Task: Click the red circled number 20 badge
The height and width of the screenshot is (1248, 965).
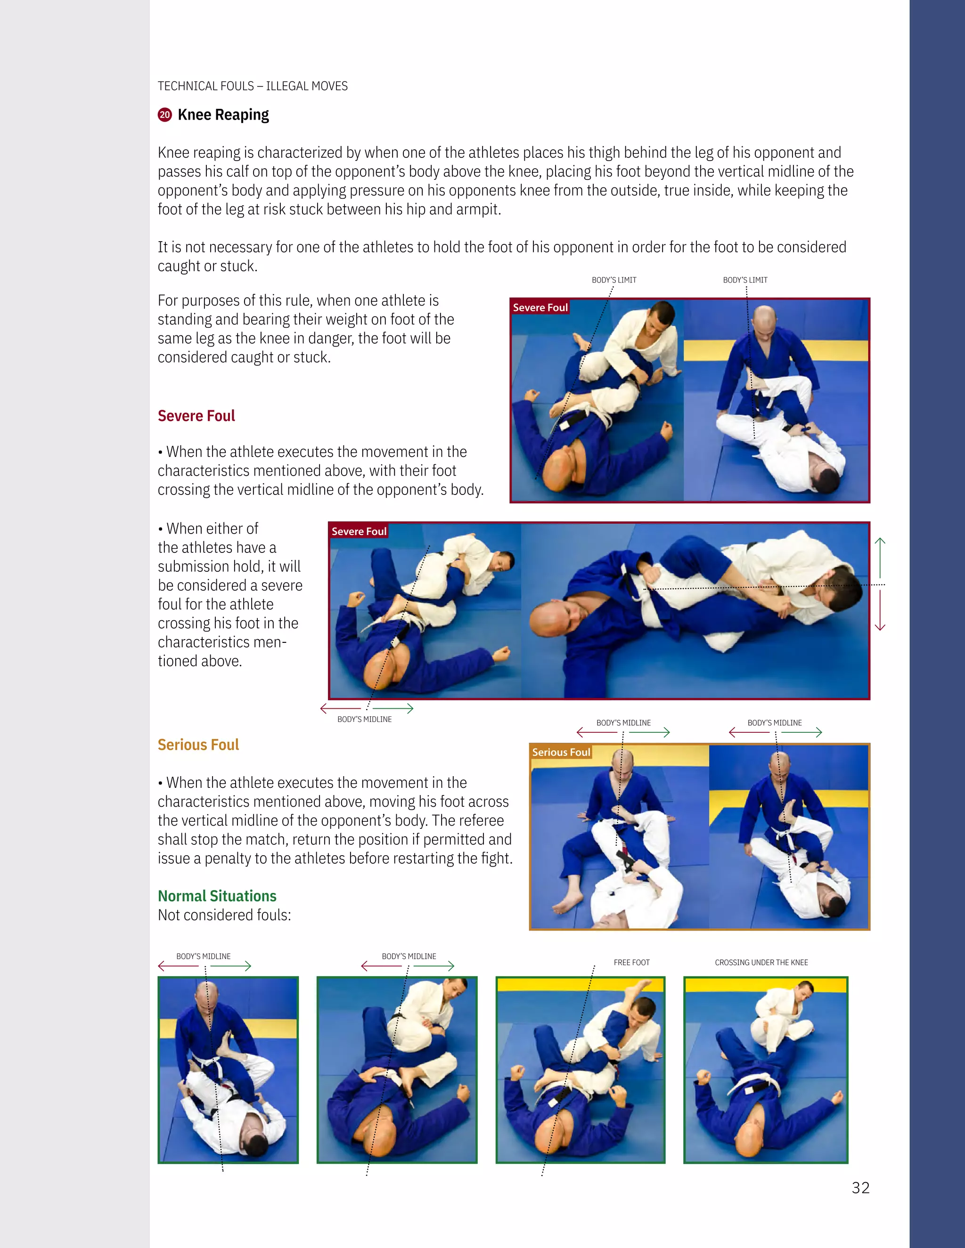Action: click(x=164, y=115)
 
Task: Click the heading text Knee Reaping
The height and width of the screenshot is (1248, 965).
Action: click(x=223, y=115)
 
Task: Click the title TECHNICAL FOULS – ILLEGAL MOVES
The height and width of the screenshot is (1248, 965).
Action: click(x=253, y=86)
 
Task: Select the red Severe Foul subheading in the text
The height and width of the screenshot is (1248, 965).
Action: click(x=196, y=416)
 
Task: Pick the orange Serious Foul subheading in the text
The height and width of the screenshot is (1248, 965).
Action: click(x=198, y=745)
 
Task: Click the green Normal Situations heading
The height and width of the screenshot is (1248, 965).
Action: click(x=217, y=896)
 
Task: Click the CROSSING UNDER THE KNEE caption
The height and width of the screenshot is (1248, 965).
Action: click(x=761, y=963)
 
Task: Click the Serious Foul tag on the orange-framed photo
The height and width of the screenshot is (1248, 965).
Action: click(x=561, y=753)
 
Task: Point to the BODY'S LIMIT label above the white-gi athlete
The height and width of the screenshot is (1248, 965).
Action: click(x=614, y=280)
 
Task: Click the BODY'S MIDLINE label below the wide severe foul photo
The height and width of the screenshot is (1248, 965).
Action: click(x=364, y=720)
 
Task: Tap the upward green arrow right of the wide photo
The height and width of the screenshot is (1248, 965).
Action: click(x=880, y=557)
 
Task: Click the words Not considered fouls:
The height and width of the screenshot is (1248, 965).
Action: click(x=224, y=916)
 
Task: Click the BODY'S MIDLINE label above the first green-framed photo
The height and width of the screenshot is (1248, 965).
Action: click(x=203, y=956)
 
